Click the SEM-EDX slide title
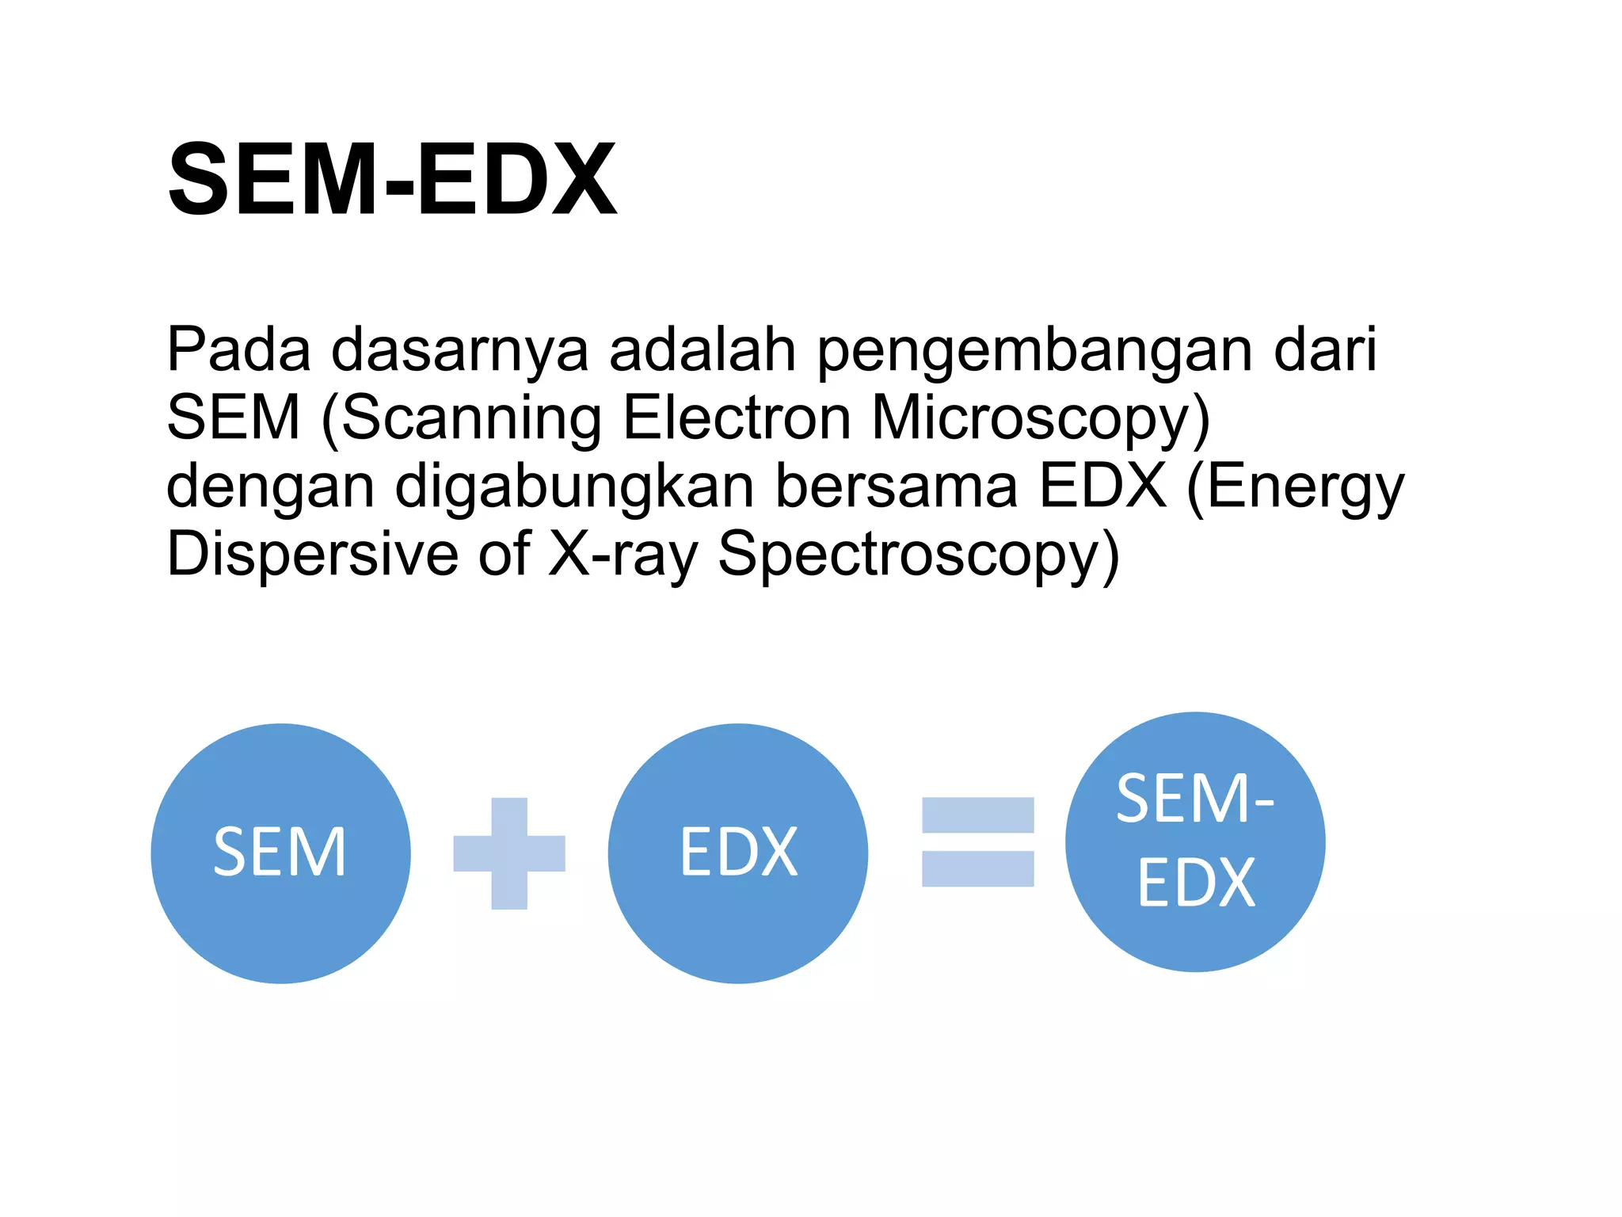coord(392,179)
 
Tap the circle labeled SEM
coord(280,853)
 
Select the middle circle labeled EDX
coord(737,853)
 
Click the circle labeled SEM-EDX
coord(1195,841)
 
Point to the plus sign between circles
coord(509,853)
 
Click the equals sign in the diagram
coord(977,841)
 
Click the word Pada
coord(238,349)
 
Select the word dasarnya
coord(459,349)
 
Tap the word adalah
coord(702,349)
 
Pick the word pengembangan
coord(1034,349)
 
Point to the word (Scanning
coord(461,418)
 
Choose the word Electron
coord(737,418)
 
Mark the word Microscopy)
coord(1041,418)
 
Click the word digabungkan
coord(574,486)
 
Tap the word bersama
coord(895,486)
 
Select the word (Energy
coord(1296,486)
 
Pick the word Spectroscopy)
coord(919,554)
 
